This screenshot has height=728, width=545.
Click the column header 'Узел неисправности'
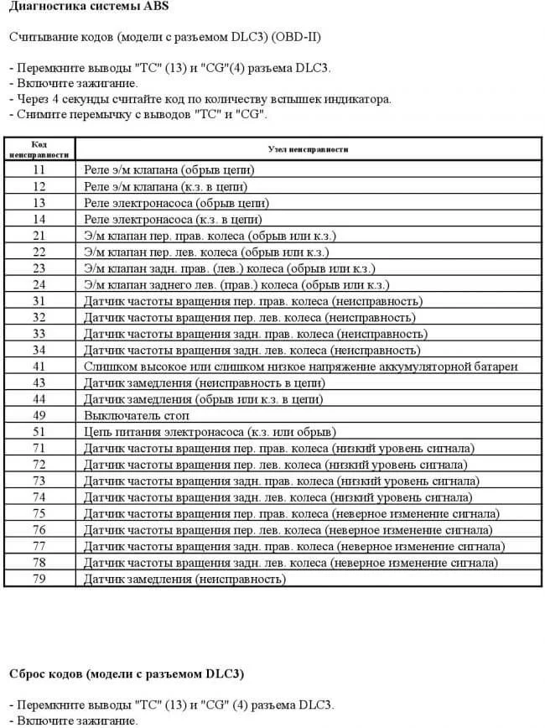coord(308,148)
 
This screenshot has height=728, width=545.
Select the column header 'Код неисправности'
coord(39,148)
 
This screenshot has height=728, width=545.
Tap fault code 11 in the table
coord(39,169)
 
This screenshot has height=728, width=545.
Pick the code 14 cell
coord(39,219)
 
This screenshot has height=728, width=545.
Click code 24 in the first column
coord(39,284)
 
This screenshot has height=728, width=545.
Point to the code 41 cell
coord(39,367)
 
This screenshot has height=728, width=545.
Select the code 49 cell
coord(39,415)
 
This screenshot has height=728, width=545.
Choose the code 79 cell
coord(39,579)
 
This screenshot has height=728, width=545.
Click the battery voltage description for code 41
coord(301,367)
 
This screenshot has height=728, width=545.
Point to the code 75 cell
coord(39,513)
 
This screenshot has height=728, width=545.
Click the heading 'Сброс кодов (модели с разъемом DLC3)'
coord(127,673)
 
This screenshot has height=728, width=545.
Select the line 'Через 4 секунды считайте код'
coord(200,99)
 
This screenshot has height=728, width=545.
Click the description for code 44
coord(203,399)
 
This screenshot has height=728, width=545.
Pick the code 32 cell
coord(39,317)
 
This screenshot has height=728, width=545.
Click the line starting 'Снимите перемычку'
coord(138,115)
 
